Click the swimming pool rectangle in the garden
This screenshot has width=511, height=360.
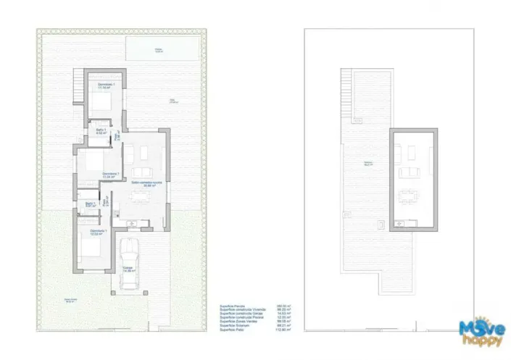[x=159, y=50]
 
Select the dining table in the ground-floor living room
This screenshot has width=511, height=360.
[x=142, y=153]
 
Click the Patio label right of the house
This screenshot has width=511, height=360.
[x=173, y=101]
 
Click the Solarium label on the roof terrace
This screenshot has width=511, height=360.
[x=368, y=163]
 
